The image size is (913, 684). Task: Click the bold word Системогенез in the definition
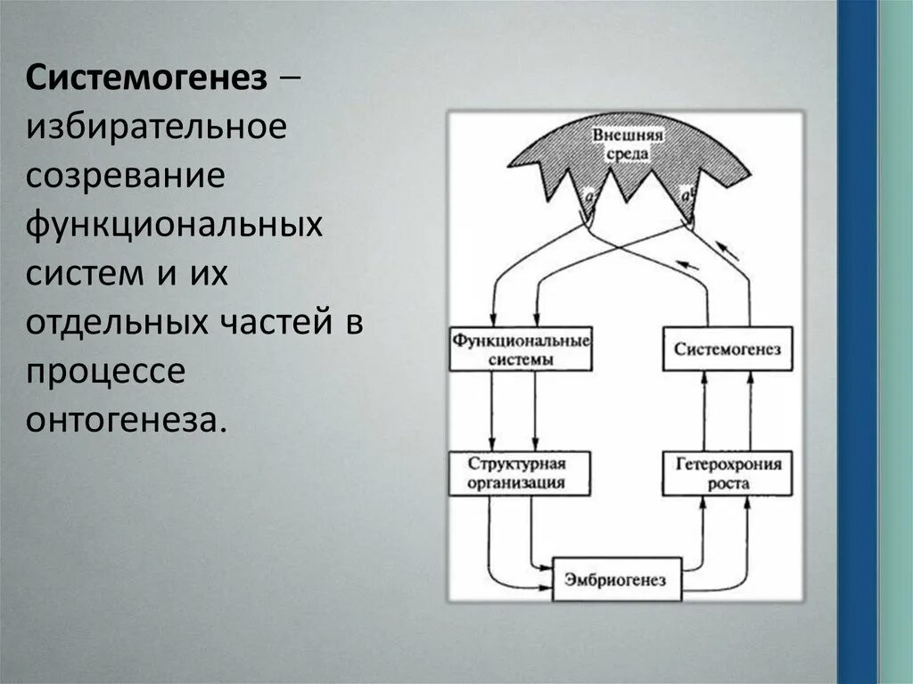[x=147, y=78]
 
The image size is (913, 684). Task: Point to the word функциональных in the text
[x=174, y=224]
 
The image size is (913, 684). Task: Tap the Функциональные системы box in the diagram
[x=521, y=349]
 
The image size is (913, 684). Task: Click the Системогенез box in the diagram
[x=727, y=349]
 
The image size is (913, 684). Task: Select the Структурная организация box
[x=521, y=474]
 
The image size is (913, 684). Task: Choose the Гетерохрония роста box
[x=727, y=474]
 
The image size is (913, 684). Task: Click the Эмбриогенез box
[x=615, y=580]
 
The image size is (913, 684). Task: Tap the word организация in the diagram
[x=521, y=483]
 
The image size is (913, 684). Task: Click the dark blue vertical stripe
[x=857, y=342]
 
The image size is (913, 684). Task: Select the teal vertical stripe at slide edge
[x=895, y=342]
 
